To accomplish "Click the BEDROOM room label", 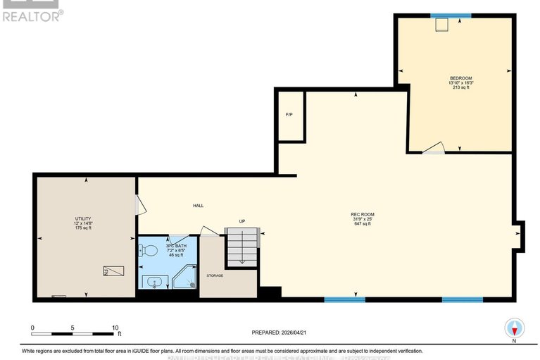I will pyautogui.click(x=460, y=77).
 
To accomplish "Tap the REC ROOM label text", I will pyautogui.click(x=362, y=214).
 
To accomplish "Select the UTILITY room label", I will pyautogui.click(x=83, y=218).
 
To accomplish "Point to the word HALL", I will pyautogui.click(x=198, y=206).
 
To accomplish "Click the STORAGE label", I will pyautogui.click(x=215, y=275).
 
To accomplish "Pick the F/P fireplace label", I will pyautogui.click(x=289, y=115).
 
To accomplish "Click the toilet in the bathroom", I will pyautogui.click(x=148, y=250).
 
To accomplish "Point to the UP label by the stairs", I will pyautogui.click(x=241, y=222).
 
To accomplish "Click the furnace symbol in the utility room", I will pyautogui.click(x=113, y=271).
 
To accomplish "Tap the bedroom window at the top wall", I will pyautogui.click(x=451, y=15).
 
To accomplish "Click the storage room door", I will pyautogui.click(x=210, y=232).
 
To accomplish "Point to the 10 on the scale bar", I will pyautogui.click(x=115, y=328).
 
